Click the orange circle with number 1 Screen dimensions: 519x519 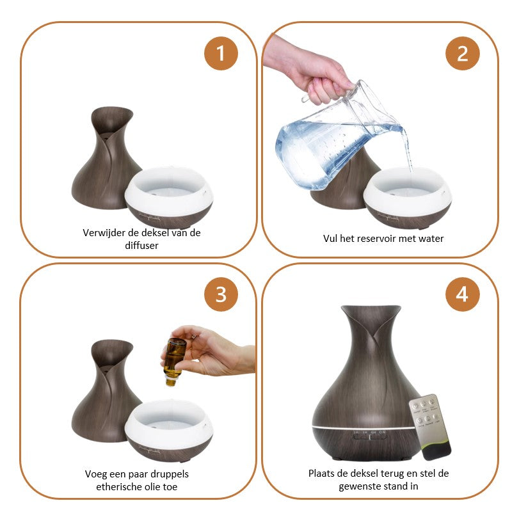[221, 53]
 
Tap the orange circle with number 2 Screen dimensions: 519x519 [462, 53]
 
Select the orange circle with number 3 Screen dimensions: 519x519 [221, 294]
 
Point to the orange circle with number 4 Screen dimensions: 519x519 [462, 294]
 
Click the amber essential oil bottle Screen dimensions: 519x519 [174, 361]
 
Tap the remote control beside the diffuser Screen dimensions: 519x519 [430, 427]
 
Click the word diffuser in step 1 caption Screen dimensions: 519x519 [141, 246]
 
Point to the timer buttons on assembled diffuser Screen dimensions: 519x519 [370, 437]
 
